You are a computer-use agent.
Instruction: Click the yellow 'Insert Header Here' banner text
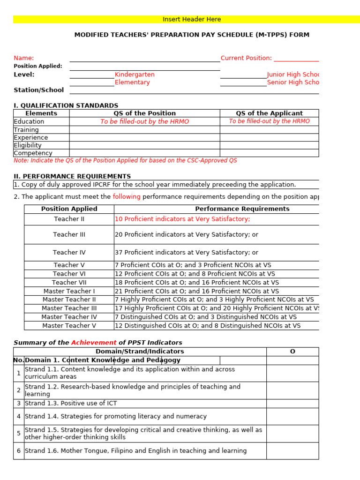191,19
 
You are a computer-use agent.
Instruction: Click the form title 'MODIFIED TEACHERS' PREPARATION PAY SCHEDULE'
192,35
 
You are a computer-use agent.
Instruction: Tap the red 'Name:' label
24,58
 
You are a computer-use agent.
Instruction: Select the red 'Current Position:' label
246,58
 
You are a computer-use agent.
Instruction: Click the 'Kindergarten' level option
135,75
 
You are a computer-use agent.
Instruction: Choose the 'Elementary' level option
132,82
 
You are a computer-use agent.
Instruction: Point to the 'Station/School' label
39,90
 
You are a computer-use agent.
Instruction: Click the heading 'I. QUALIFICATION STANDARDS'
66,106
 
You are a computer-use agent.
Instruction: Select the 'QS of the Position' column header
144,113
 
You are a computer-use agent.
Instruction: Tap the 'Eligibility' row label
28,145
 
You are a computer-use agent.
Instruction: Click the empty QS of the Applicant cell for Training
269,130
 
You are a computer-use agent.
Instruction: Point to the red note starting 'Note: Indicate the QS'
125,160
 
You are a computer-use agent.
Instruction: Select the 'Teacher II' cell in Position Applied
69,219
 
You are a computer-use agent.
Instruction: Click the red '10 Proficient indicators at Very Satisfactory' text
182,219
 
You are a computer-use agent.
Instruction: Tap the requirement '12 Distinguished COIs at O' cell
208,326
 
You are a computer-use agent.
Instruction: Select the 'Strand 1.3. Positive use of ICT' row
71,404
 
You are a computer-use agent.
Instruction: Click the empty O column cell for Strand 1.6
292,451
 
